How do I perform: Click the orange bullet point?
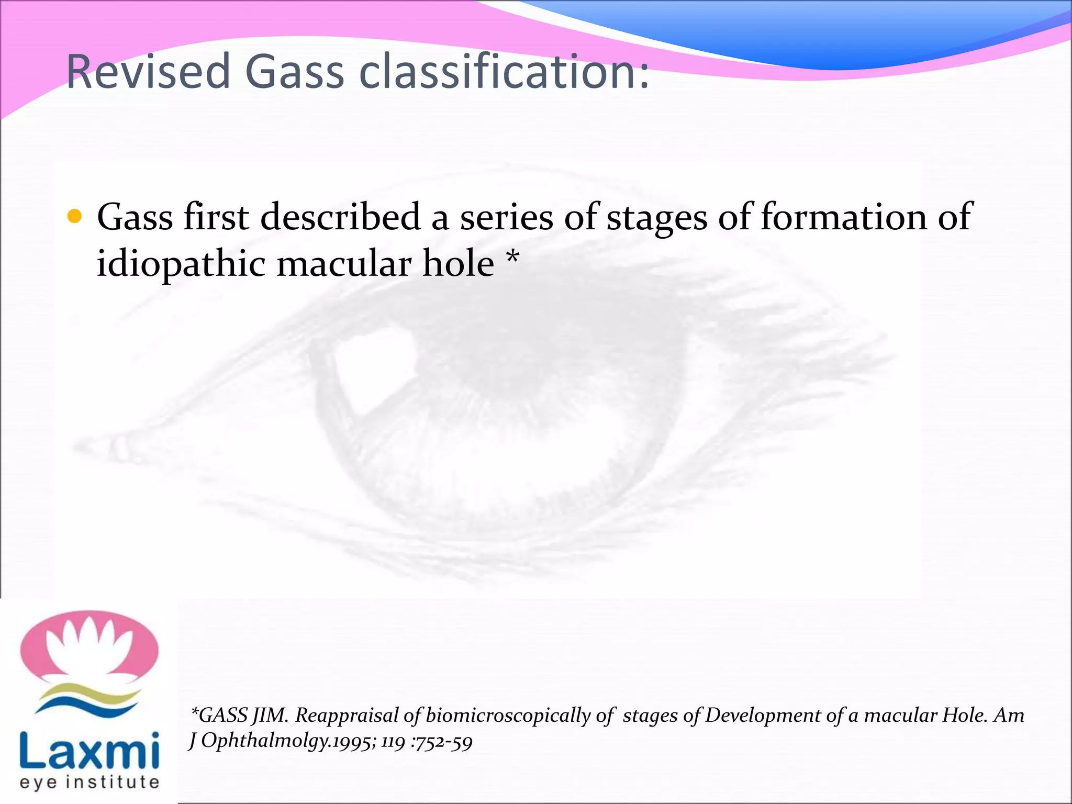click(75, 216)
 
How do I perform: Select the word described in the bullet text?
click(340, 217)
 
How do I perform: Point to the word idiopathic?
click(181, 263)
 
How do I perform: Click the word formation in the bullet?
click(843, 217)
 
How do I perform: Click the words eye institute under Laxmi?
click(89, 782)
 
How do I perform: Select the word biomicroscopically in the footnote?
click(508, 716)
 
